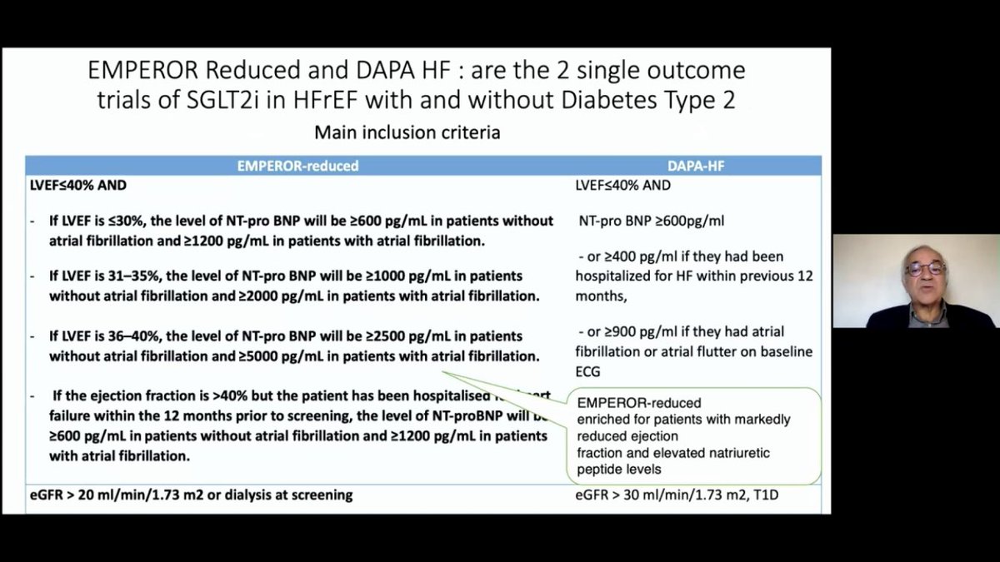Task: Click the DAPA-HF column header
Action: pos(694,166)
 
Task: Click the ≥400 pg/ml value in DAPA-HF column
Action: pos(629,256)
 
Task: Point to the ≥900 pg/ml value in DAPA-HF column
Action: pos(629,331)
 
